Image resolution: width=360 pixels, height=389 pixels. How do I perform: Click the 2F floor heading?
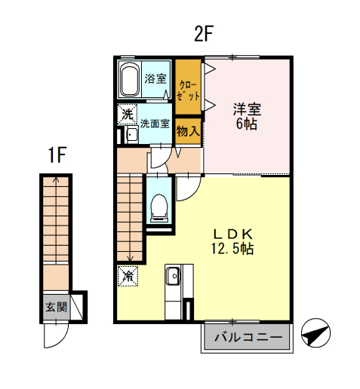pos(203,34)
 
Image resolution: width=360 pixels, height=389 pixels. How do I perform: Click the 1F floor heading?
pos(57,155)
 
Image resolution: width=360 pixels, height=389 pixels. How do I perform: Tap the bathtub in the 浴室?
pos(129,79)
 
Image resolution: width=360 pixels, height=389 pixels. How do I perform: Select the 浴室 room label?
pos(155,78)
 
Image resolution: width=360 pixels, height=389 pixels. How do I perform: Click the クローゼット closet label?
pos(188,90)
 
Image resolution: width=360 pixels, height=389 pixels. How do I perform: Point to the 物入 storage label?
pos(188,131)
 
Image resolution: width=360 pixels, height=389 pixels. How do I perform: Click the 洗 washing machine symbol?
pos(128,115)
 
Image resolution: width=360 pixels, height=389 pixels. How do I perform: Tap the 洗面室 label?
pos(155,124)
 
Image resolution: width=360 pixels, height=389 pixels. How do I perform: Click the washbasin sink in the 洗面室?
pos(131,134)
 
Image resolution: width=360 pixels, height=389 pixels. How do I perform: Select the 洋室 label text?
pos(247,109)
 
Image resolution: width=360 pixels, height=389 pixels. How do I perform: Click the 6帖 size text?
pos(247,124)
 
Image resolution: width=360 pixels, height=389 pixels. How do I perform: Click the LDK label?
pos(232,234)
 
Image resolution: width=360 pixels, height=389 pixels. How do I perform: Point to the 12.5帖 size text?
pos(232,249)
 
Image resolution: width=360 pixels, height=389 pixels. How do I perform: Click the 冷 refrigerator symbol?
pos(128,276)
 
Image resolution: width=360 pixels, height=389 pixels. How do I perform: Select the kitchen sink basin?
pos(173,276)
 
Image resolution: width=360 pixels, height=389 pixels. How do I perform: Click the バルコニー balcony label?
pos(248,337)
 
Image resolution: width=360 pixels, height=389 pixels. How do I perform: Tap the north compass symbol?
pos(315,333)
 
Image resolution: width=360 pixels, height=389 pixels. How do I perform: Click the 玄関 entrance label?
pos(56,307)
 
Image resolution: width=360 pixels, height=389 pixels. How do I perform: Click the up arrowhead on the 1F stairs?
pos(56,180)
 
